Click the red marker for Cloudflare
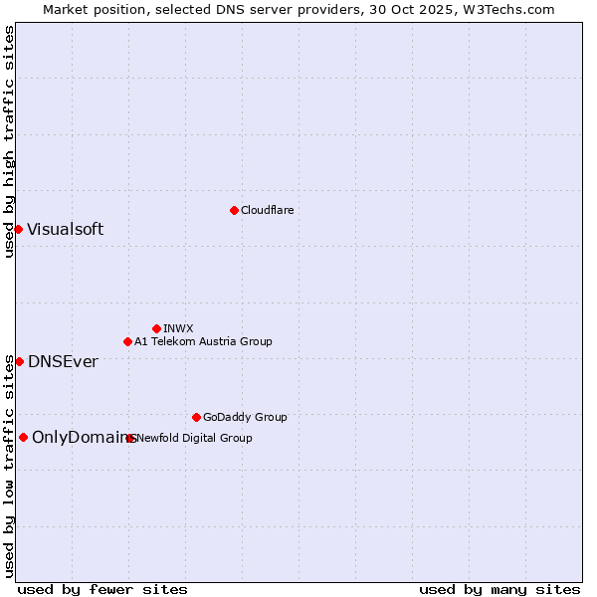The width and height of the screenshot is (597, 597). (234, 210)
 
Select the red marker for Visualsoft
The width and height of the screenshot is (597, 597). (18, 229)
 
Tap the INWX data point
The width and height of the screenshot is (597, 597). (156, 328)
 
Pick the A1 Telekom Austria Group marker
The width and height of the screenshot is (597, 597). (127, 341)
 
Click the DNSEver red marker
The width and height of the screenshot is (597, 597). (19, 361)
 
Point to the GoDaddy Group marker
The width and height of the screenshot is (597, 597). (196, 417)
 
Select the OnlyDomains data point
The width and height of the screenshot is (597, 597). (23, 437)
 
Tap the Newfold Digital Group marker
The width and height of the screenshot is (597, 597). (130, 438)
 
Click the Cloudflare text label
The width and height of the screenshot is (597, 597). (267, 210)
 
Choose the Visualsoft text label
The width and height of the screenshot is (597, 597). (65, 229)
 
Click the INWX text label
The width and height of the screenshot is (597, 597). (178, 328)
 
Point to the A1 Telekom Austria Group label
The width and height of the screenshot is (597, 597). (203, 341)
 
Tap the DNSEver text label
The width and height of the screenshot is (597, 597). (63, 361)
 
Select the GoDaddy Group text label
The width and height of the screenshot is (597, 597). (245, 417)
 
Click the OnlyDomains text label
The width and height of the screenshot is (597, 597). (82, 437)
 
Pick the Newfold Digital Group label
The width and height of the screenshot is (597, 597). (195, 438)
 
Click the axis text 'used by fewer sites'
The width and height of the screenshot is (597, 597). (102, 589)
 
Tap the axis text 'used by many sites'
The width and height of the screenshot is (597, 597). (499, 589)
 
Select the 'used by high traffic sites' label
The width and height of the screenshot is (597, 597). (9, 141)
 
